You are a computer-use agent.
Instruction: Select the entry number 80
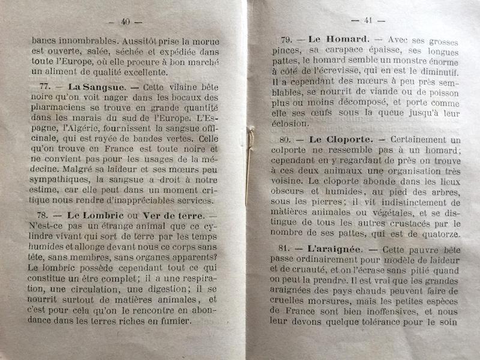click(x=289, y=140)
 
